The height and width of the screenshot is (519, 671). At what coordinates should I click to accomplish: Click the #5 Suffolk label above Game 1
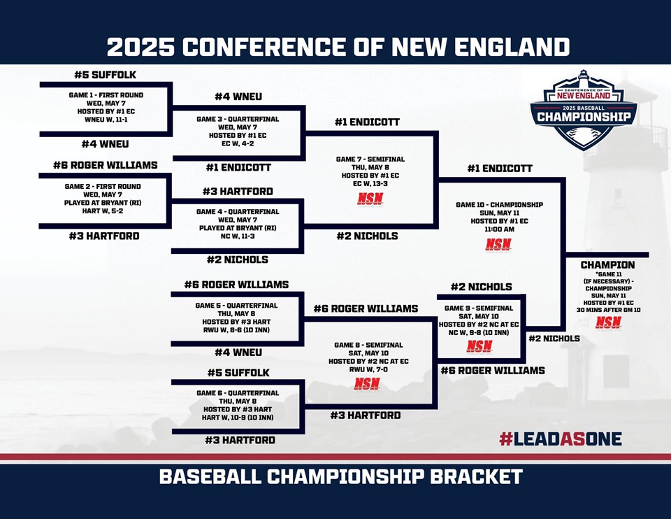[x=106, y=75]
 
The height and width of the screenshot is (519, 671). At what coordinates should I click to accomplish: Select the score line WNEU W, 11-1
[x=106, y=120]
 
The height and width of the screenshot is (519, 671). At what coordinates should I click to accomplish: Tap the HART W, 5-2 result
[x=103, y=211]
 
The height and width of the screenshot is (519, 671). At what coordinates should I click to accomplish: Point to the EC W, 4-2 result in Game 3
[x=238, y=143]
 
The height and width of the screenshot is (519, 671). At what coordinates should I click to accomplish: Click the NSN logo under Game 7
[x=370, y=199]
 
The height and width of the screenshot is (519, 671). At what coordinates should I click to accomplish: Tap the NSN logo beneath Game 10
[x=498, y=245]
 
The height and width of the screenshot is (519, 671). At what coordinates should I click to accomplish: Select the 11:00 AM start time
[x=499, y=229]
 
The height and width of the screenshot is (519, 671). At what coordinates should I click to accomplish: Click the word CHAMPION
[x=607, y=265]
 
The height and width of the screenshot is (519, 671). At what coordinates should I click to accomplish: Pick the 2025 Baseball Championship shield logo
[x=584, y=110]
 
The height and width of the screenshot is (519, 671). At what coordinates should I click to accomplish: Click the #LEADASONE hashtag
[x=561, y=439]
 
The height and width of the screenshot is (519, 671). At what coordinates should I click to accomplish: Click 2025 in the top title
[x=140, y=47]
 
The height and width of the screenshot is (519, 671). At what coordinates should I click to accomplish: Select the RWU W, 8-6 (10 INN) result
[x=237, y=330]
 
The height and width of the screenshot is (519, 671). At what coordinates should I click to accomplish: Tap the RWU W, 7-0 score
[x=368, y=369]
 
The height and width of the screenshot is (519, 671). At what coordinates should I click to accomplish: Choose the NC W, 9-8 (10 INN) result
[x=479, y=332]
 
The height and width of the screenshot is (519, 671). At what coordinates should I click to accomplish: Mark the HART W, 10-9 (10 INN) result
[x=238, y=418]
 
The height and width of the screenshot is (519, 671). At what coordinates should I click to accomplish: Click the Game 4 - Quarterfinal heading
[x=238, y=211]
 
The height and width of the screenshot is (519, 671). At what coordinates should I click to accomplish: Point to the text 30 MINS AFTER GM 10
[x=609, y=310]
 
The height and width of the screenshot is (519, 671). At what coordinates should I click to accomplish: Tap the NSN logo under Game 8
[x=367, y=384]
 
